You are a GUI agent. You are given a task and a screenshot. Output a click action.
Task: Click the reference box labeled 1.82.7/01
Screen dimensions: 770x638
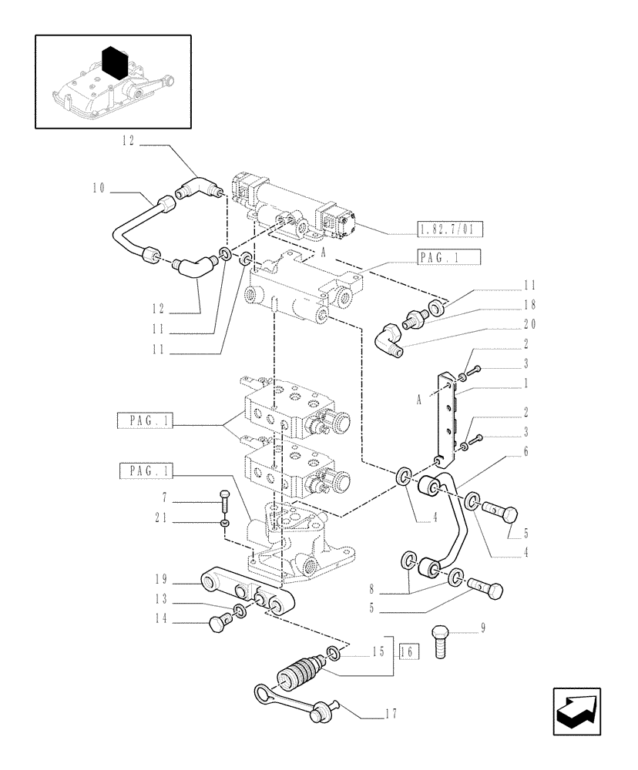[x=448, y=229]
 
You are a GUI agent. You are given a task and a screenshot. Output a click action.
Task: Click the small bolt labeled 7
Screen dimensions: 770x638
[x=224, y=500]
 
